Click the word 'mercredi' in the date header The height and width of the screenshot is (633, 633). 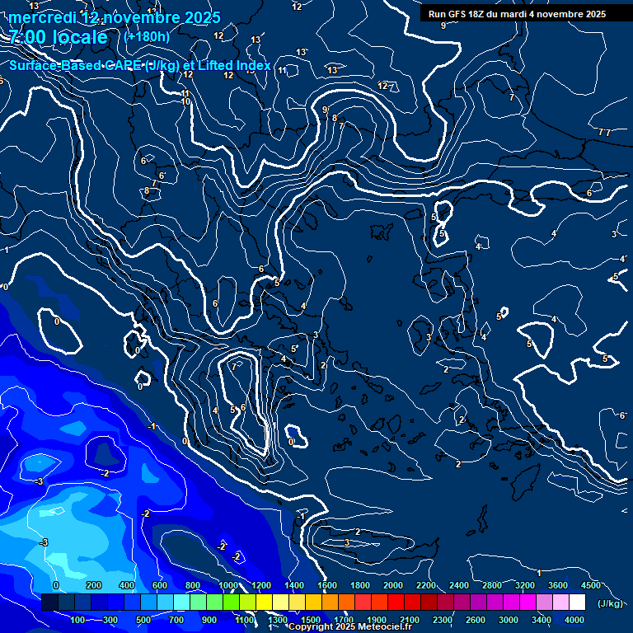[41, 17]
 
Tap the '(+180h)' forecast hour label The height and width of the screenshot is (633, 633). [147, 36]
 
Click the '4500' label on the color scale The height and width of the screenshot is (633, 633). [591, 585]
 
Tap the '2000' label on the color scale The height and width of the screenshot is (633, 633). [393, 585]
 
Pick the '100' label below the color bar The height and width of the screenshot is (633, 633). [79, 620]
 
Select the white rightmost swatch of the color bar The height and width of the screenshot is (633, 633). [577, 603]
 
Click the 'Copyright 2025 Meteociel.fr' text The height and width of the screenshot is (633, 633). [349, 627]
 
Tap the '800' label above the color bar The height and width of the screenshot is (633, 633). [193, 585]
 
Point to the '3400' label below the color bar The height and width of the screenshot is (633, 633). [542, 620]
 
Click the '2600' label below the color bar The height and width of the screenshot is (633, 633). [476, 620]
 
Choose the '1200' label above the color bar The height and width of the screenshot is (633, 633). [261, 585]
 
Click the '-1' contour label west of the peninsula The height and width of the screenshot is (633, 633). [152, 426]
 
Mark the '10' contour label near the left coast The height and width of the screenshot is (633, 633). [185, 102]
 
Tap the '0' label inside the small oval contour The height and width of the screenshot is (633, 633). [57, 321]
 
